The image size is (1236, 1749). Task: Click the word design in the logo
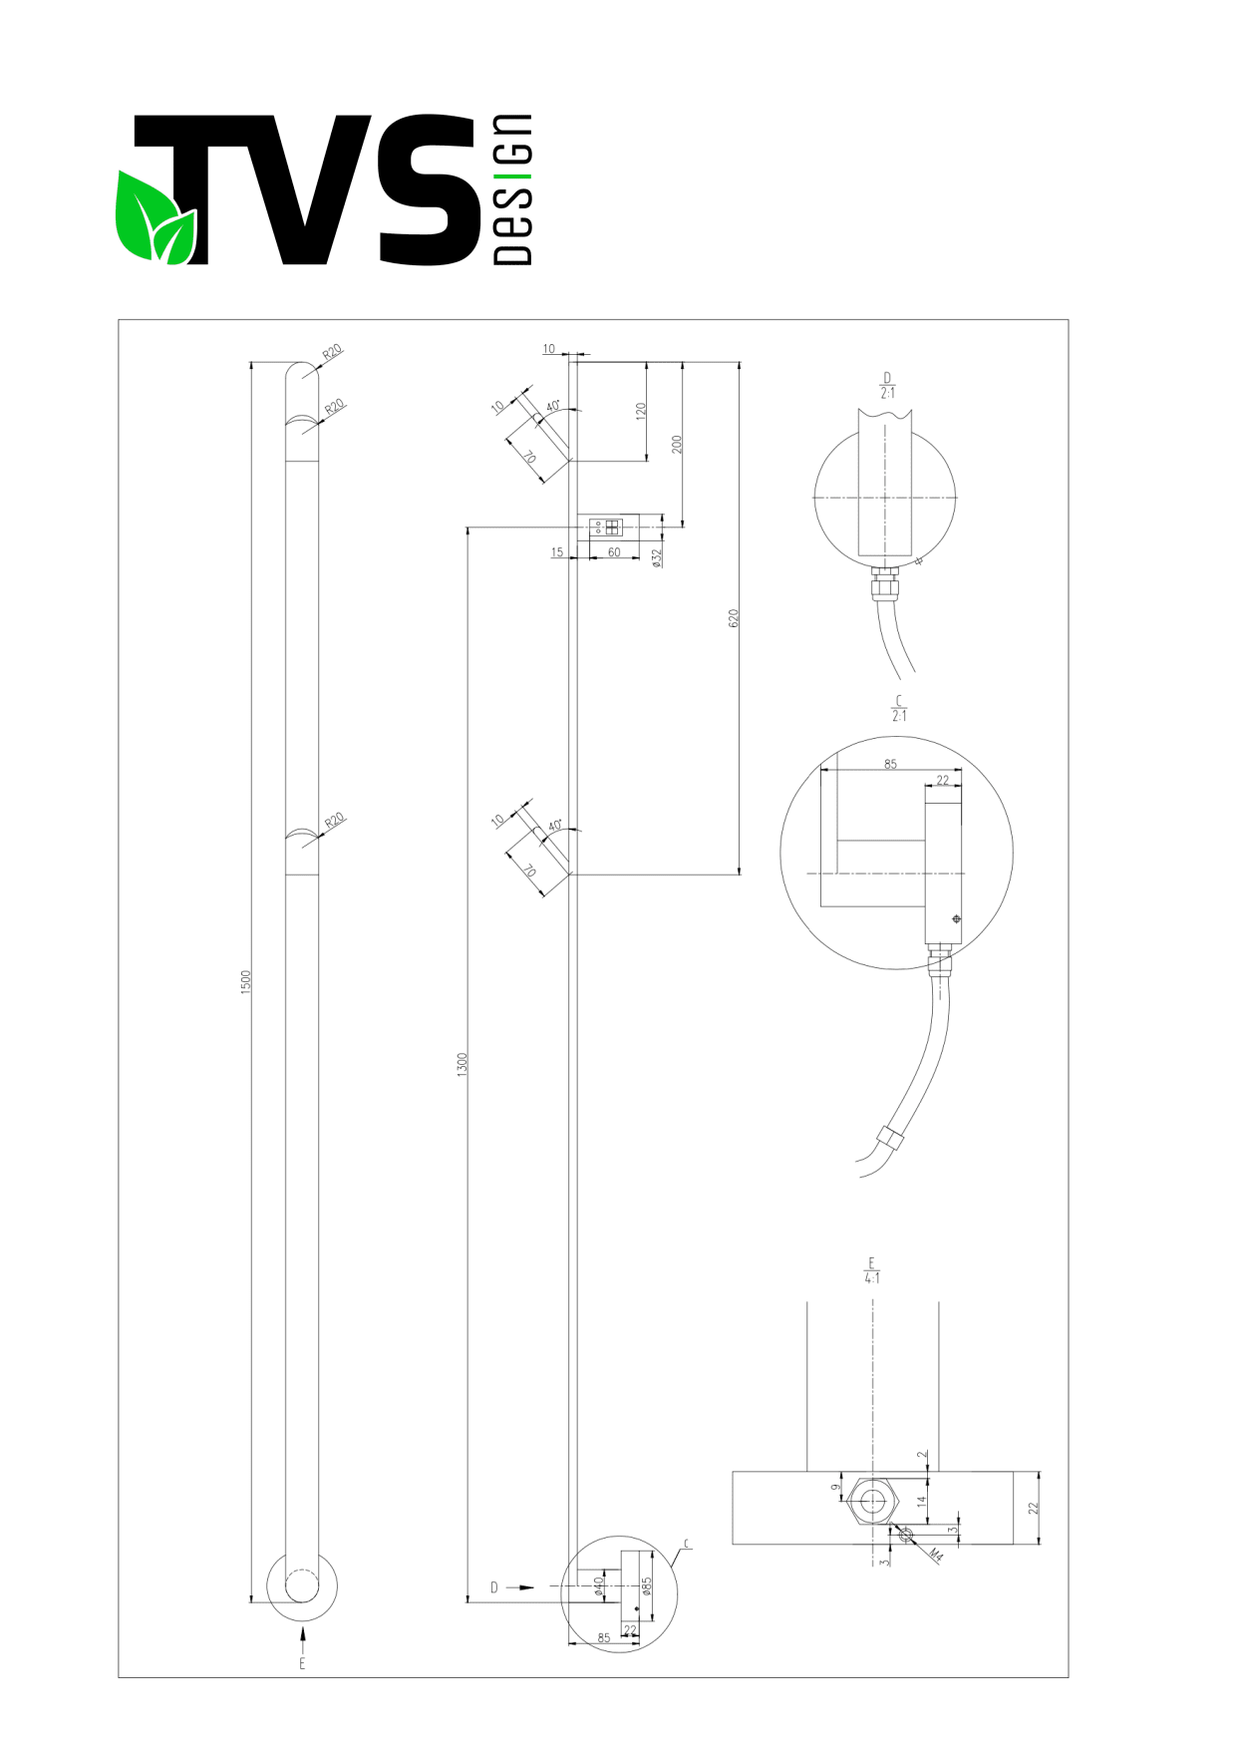(x=512, y=189)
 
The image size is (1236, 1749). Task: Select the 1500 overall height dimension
(x=245, y=981)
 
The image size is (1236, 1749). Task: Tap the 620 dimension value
(x=734, y=618)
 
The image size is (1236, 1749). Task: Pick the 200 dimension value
(x=677, y=444)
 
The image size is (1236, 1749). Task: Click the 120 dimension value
(x=641, y=411)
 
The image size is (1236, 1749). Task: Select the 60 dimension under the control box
(x=614, y=552)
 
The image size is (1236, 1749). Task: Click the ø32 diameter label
(x=656, y=558)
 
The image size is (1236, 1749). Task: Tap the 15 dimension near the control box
(x=557, y=552)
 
